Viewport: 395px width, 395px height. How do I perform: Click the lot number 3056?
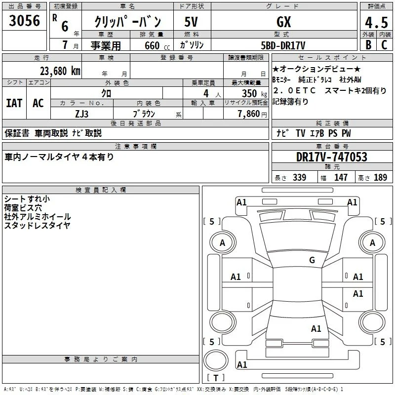[24, 20]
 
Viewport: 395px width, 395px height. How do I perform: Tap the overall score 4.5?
[376, 22]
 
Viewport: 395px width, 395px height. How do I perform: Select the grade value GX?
[283, 22]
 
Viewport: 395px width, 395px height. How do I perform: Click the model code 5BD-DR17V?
[283, 45]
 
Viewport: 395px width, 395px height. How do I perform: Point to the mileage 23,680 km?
[60, 71]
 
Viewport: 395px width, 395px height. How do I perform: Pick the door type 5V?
[191, 22]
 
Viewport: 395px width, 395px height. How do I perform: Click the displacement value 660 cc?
[157, 45]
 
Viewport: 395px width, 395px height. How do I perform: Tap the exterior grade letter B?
[368, 45]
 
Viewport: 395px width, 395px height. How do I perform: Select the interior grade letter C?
[384, 45]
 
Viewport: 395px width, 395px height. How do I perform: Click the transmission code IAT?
[14, 103]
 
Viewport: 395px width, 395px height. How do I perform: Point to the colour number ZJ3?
[81, 114]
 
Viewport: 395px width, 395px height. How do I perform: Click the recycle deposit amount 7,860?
[249, 114]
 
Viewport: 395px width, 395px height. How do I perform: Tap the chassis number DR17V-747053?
[332, 157]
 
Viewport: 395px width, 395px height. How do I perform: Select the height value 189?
[380, 177]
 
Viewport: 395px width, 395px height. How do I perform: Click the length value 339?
[299, 177]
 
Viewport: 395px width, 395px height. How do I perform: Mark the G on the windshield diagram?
[312, 260]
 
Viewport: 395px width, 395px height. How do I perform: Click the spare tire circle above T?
[216, 350]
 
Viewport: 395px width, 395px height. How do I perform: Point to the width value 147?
[341, 177]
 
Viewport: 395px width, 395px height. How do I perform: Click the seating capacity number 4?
[206, 93]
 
